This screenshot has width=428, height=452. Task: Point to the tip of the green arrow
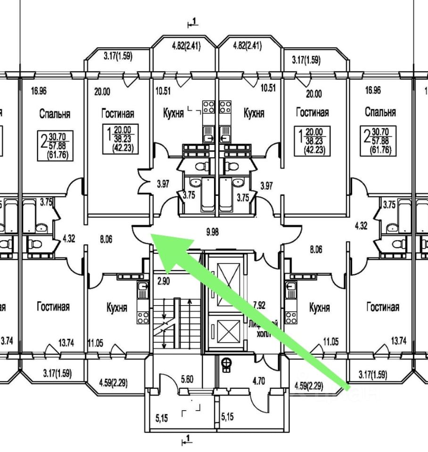[153, 236]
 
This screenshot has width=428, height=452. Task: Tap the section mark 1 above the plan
[192, 21]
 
